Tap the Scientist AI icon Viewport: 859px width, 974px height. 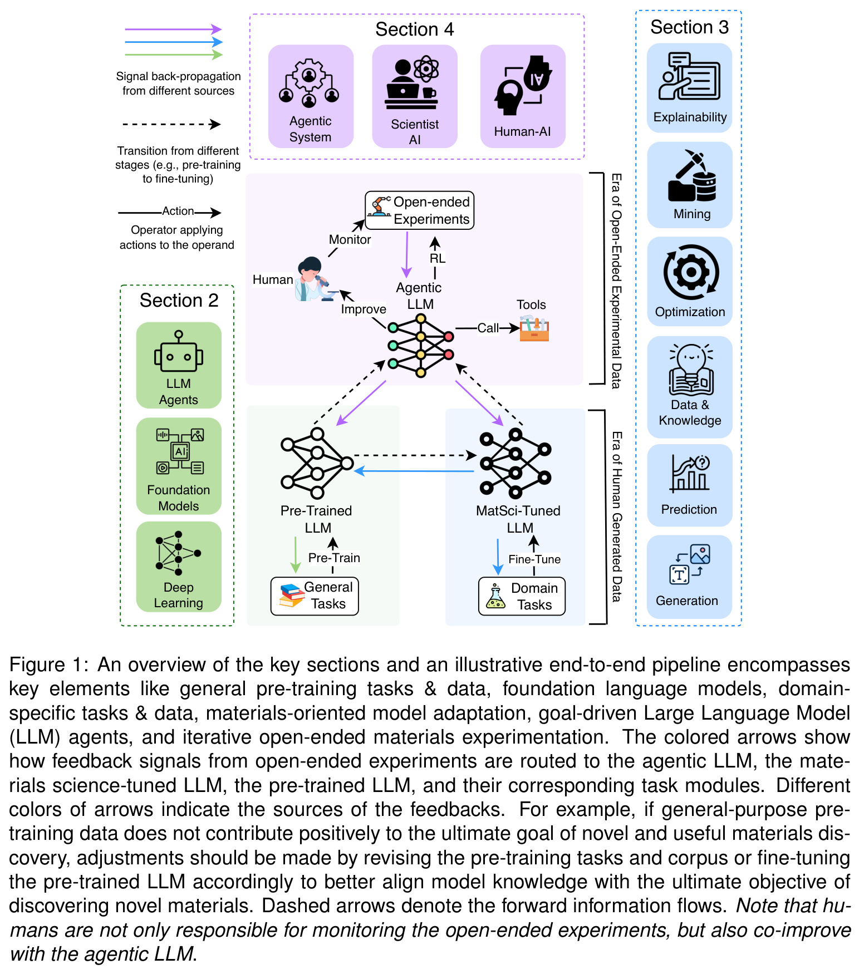(x=412, y=82)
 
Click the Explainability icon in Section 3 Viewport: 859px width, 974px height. (x=689, y=76)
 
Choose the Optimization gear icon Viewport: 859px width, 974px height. (x=691, y=272)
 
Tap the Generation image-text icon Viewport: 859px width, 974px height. (x=690, y=564)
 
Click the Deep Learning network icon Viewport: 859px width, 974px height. (x=178, y=553)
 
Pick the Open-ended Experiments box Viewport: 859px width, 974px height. (x=419, y=210)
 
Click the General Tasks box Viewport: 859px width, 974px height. (x=315, y=596)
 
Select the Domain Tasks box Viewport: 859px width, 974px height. (x=522, y=597)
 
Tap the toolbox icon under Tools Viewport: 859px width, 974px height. (x=534, y=328)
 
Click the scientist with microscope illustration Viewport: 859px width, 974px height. (x=315, y=279)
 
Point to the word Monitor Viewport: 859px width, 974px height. (x=350, y=239)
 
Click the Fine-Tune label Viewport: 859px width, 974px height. (x=534, y=559)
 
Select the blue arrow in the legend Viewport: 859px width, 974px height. (x=174, y=42)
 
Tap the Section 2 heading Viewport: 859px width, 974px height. (x=179, y=301)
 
